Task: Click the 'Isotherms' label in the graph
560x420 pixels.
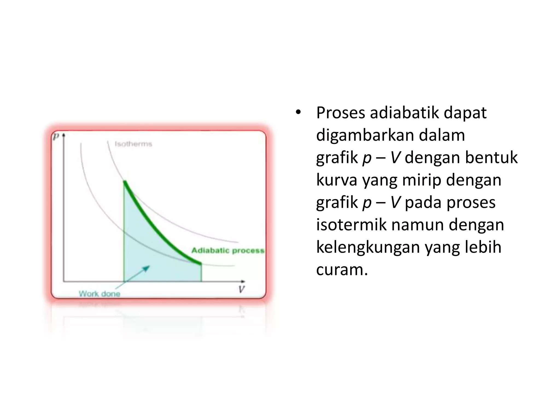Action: tap(133, 144)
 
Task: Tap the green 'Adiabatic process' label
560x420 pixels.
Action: tap(228, 250)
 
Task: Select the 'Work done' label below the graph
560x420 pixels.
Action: tap(100, 294)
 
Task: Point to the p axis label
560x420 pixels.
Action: tap(56, 136)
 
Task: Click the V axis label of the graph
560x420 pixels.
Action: tap(241, 289)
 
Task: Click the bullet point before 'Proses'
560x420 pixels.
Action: tap(298, 112)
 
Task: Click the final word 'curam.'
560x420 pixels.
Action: tap(342, 270)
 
